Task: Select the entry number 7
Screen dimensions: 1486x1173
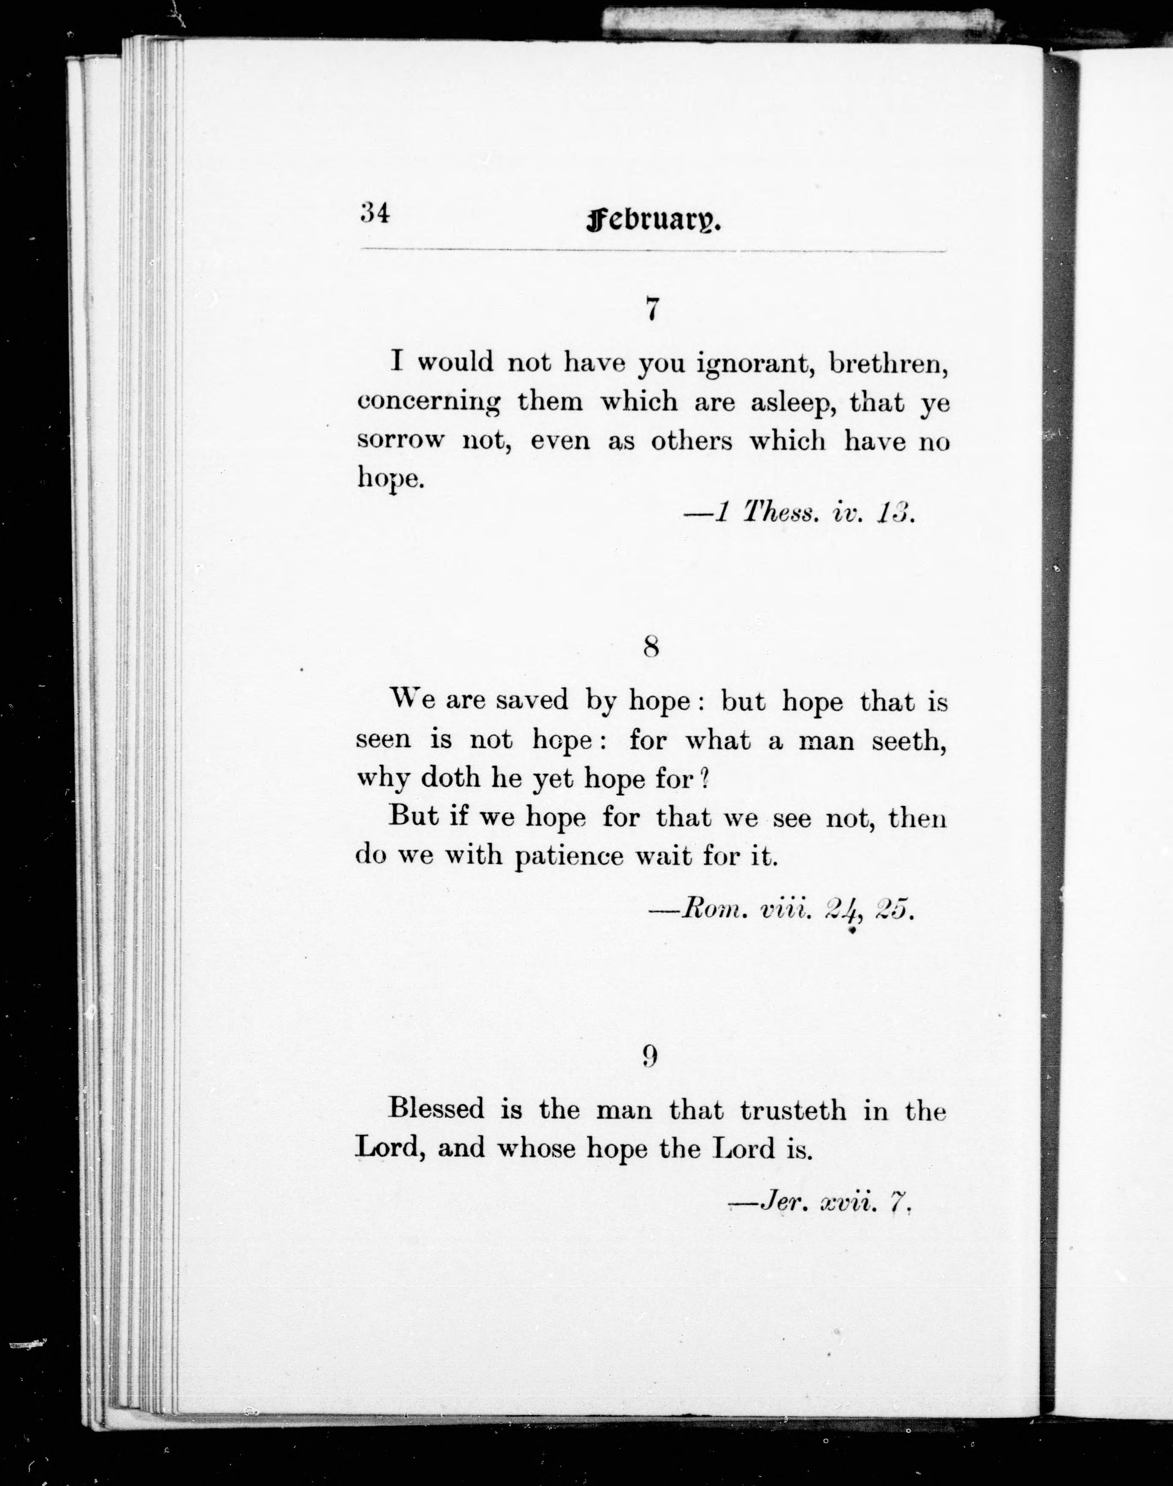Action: coord(652,310)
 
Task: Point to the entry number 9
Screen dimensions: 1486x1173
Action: coord(650,1055)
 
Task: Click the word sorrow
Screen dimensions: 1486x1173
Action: coord(399,440)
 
